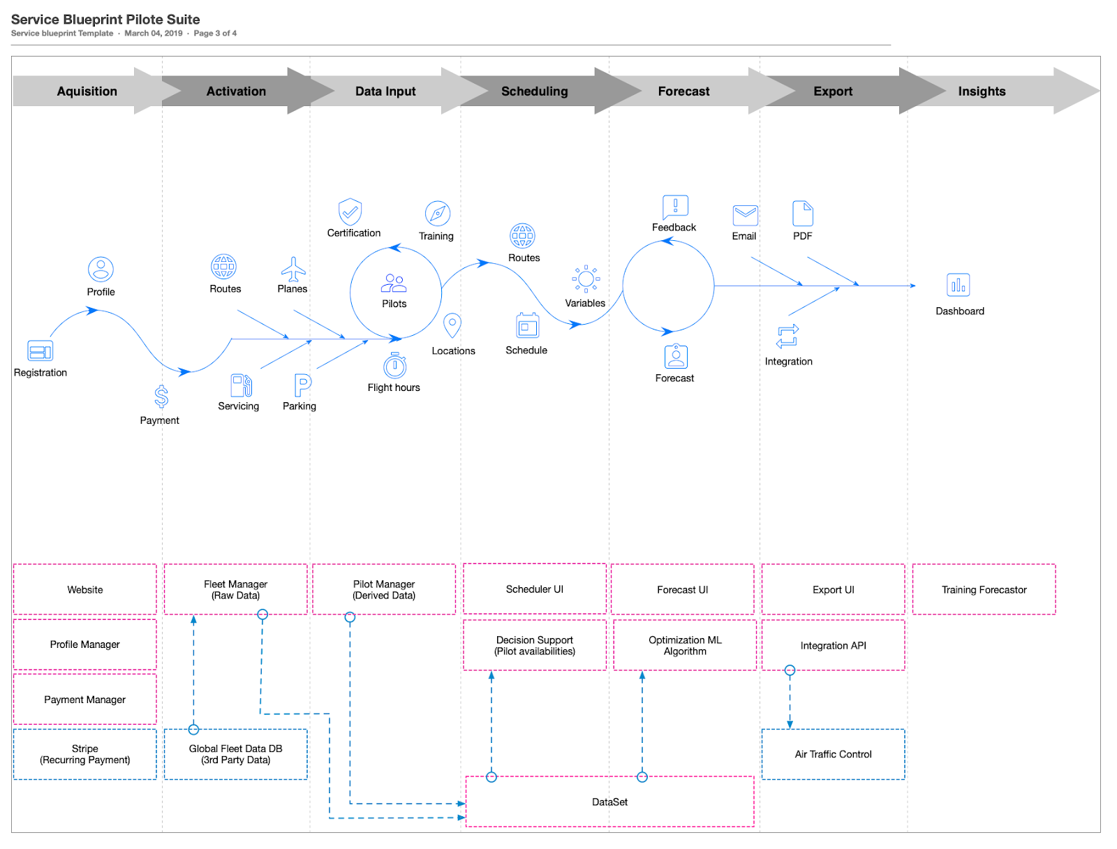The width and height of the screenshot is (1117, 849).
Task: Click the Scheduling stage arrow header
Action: (534, 91)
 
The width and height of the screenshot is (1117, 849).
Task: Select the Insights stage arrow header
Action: (982, 91)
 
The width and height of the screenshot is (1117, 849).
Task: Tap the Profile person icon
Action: (101, 270)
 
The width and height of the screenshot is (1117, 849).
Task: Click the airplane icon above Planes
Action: (293, 269)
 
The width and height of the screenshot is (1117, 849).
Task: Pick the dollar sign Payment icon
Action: (161, 397)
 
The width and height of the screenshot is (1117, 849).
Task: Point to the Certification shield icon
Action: (350, 212)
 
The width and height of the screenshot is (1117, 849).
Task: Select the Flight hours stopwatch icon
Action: (394, 365)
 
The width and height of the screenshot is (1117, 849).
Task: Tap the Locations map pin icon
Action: (452, 325)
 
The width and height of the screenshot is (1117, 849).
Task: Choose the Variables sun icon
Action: (586, 279)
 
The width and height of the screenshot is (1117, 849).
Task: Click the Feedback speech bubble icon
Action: (675, 207)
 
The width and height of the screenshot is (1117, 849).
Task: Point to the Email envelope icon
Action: (745, 214)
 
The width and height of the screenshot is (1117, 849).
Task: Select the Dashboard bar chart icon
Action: (959, 285)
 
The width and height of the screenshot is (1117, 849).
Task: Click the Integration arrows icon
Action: (787, 337)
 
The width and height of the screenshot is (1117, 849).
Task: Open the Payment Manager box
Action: (85, 700)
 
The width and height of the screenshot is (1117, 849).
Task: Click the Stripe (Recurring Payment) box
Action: (85, 754)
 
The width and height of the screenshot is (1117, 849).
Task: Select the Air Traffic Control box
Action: (833, 754)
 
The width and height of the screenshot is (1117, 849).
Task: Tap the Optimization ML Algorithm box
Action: (685, 646)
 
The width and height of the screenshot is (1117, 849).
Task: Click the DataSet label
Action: (609, 802)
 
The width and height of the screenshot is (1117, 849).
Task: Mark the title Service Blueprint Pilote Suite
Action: (105, 20)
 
